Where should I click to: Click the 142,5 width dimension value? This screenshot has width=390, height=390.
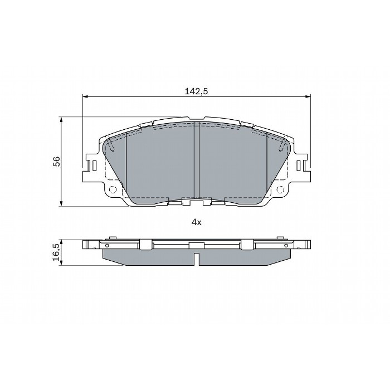click(x=196, y=91)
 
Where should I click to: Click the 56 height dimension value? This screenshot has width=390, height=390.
click(x=57, y=162)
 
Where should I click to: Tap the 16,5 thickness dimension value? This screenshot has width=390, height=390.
click(x=56, y=252)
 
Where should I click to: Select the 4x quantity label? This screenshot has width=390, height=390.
click(x=196, y=222)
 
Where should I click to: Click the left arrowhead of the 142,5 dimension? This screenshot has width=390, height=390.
click(x=85, y=96)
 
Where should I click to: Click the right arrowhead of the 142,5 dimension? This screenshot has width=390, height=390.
click(x=308, y=96)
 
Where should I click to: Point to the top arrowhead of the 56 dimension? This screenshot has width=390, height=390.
click(x=61, y=120)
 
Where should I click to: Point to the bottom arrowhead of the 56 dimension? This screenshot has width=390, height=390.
click(x=61, y=203)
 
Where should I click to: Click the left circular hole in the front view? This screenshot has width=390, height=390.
click(x=113, y=189)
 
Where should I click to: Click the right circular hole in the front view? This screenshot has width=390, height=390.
click(x=280, y=189)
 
